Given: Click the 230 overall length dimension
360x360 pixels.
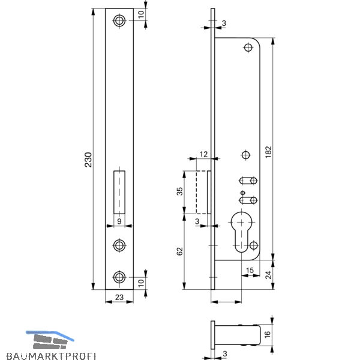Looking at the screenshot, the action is (x=88, y=160).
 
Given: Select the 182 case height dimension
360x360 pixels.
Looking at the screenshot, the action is (x=268, y=152).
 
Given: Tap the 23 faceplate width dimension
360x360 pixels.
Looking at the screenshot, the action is (x=119, y=298).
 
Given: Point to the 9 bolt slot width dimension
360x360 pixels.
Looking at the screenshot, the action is (x=119, y=221).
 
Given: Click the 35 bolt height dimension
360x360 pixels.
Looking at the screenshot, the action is (x=180, y=191).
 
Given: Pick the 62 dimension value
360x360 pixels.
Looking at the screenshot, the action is (x=180, y=251).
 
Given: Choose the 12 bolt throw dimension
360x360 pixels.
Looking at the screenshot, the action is (x=203, y=154).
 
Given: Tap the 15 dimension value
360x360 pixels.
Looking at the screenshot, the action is (x=250, y=270).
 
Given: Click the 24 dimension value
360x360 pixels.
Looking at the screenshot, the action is (x=268, y=275).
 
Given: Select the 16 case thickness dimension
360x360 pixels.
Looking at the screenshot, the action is (x=268, y=334).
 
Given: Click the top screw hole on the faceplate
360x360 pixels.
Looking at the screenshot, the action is (x=119, y=20).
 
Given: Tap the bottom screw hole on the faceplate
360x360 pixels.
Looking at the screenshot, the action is (x=119, y=277).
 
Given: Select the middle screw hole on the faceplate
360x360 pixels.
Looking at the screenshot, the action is (x=119, y=245).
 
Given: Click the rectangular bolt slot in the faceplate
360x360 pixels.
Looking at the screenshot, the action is (x=119, y=192).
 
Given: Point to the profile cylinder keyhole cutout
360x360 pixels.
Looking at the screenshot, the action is (x=241, y=232).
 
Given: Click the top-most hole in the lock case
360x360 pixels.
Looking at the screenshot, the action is (x=248, y=48).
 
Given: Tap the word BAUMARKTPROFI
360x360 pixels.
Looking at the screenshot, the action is (x=51, y=356).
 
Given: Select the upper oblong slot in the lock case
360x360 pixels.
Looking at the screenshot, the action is (x=248, y=181).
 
